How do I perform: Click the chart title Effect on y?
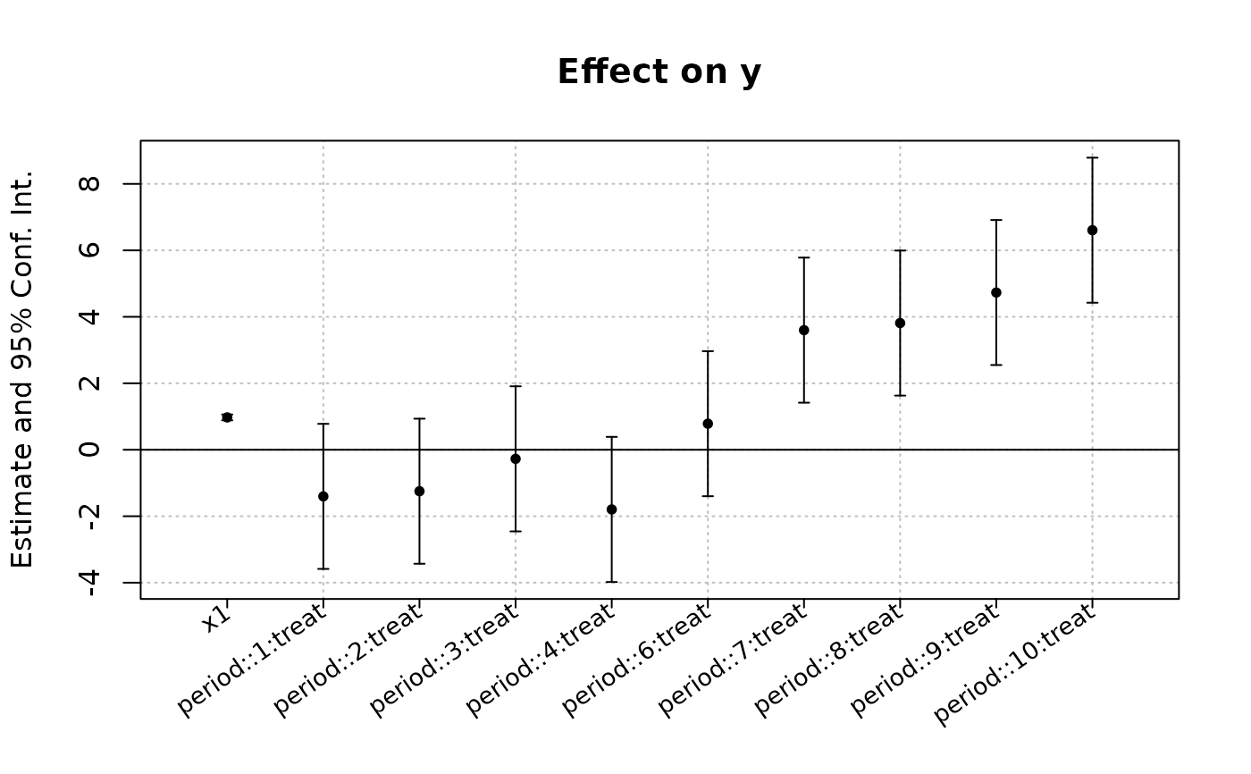click(659, 72)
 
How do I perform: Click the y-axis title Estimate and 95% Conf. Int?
click(22, 370)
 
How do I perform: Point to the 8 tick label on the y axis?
click(89, 184)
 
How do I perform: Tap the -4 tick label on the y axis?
click(89, 583)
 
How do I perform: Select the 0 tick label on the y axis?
click(89, 450)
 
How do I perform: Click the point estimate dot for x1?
click(227, 417)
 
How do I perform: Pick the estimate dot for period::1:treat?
click(323, 496)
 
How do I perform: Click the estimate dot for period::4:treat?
click(611, 509)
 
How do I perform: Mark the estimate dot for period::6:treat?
click(708, 424)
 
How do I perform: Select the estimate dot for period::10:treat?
click(1092, 230)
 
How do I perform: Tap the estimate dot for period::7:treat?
click(803, 330)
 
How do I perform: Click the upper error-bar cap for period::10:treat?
click(1092, 158)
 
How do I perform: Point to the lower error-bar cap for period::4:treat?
click(611, 582)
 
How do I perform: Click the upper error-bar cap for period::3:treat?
click(516, 386)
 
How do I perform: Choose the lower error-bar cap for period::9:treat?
click(996, 365)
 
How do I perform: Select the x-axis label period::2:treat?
click(347, 660)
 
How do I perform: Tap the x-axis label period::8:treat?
click(828, 660)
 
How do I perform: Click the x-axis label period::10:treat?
click(1015, 665)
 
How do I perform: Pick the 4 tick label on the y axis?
click(89, 316)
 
